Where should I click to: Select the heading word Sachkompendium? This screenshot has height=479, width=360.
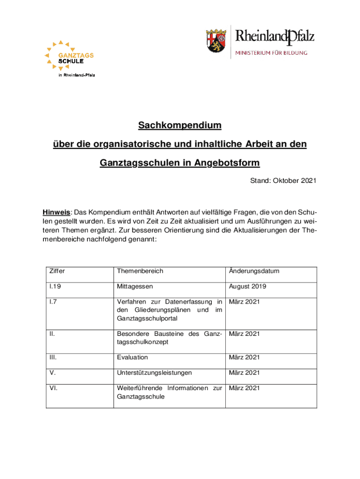click(x=180, y=126)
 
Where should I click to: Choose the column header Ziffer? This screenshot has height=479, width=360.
click(x=55, y=271)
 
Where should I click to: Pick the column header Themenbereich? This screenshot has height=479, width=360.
click(x=140, y=271)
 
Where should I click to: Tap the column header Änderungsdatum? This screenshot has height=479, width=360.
click(x=254, y=271)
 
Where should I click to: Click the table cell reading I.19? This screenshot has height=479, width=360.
click(x=55, y=287)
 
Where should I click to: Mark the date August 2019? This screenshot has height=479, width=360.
click(x=248, y=287)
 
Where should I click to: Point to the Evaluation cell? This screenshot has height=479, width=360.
click(x=132, y=357)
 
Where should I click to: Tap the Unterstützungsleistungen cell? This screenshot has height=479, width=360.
click(x=154, y=373)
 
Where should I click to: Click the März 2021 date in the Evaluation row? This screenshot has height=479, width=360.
click(x=244, y=357)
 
